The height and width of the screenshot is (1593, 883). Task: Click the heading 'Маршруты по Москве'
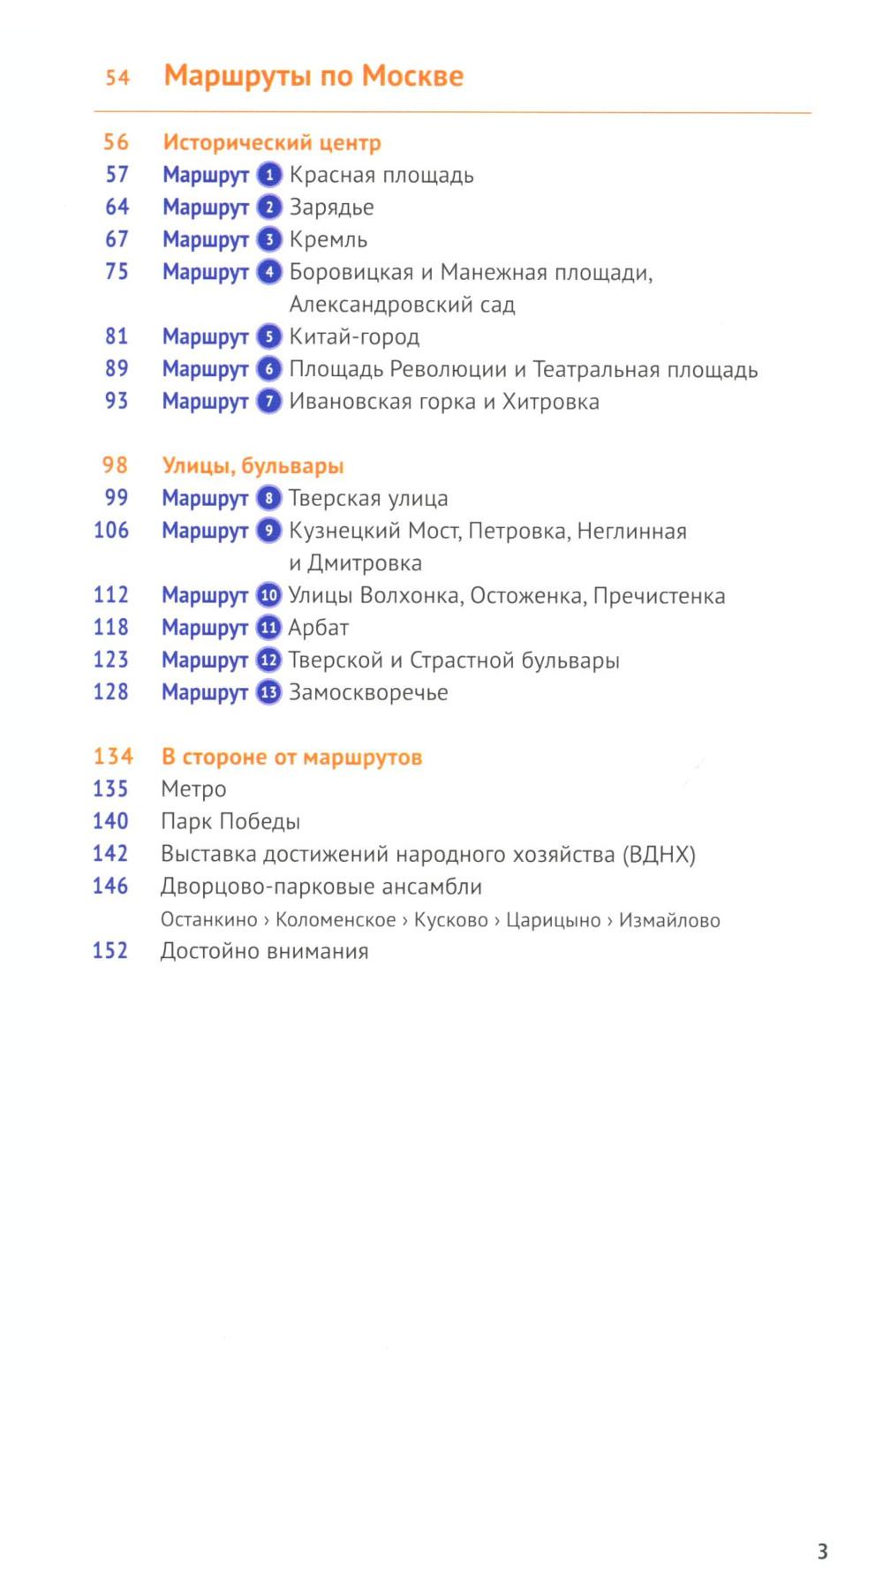click(x=313, y=76)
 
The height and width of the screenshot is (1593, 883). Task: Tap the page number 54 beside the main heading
click(x=117, y=78)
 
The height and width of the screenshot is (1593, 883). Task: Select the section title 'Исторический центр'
click(x=272, y=142)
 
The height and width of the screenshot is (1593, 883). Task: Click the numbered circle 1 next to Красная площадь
click(x=269, y=175)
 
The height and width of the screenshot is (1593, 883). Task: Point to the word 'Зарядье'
click(x=332, y=208)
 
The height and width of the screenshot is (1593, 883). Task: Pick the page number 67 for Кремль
click(x=117, y=239)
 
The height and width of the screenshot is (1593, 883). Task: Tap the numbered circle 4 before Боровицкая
click(x=269, y=272)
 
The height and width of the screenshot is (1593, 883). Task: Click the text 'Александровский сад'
click(x=402, y=305)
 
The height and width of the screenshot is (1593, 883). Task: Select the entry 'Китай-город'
click(x=354, y=336)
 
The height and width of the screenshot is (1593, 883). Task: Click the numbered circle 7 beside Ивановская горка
click(x=269, y=401)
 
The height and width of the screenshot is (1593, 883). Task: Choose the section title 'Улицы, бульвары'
click(x=253, y=465)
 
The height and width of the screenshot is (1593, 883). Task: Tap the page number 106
click(x=111, y=530)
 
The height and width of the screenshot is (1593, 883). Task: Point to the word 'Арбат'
click(x=319, y=628)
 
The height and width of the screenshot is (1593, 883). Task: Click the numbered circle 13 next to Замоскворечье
click(x=268, y=692)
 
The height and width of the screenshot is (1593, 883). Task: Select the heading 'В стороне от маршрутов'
click(x=291, y=757)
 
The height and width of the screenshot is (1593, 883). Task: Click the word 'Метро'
click(x=193, y=789)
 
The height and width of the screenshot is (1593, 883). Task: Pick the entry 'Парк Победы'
click(x=230, y=821)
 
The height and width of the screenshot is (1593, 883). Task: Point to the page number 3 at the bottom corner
click(x=822, y=1551)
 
